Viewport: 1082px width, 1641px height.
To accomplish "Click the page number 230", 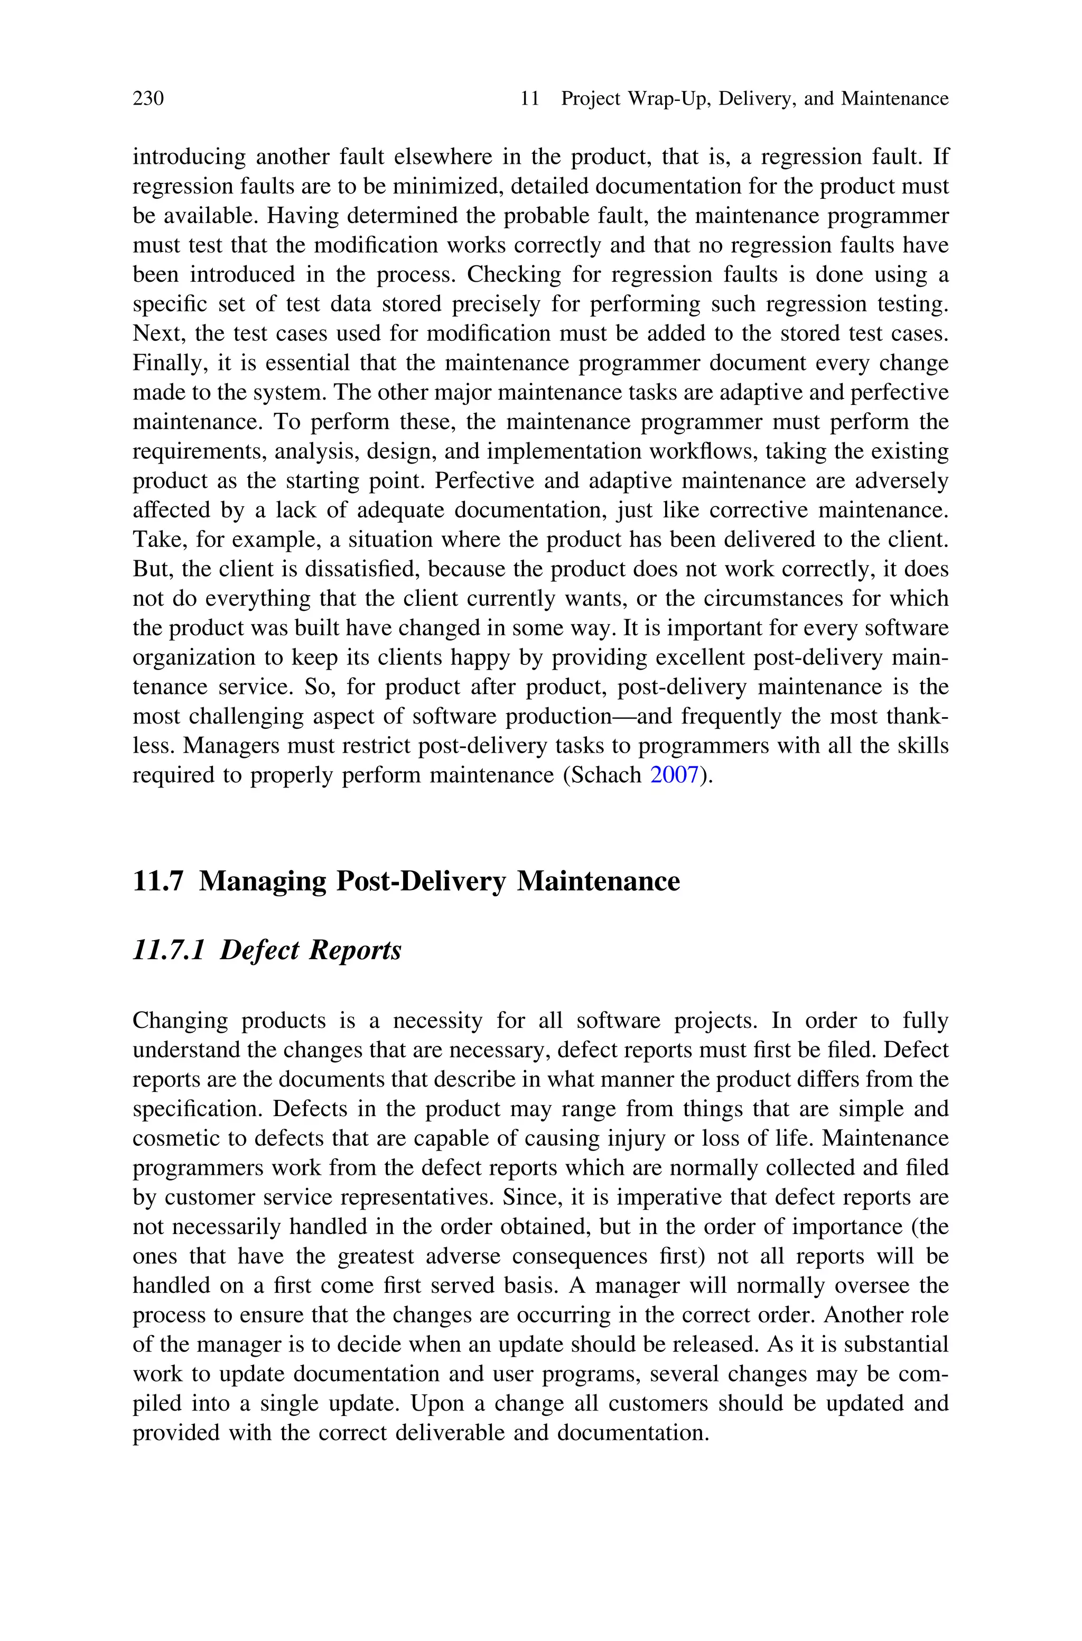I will tap(148, 99).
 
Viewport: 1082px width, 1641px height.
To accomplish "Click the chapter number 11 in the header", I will tap(529, 99).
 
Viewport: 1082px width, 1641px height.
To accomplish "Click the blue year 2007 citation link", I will tap(675, 775).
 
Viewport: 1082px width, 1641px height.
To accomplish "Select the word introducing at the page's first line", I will tap(189, 157).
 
